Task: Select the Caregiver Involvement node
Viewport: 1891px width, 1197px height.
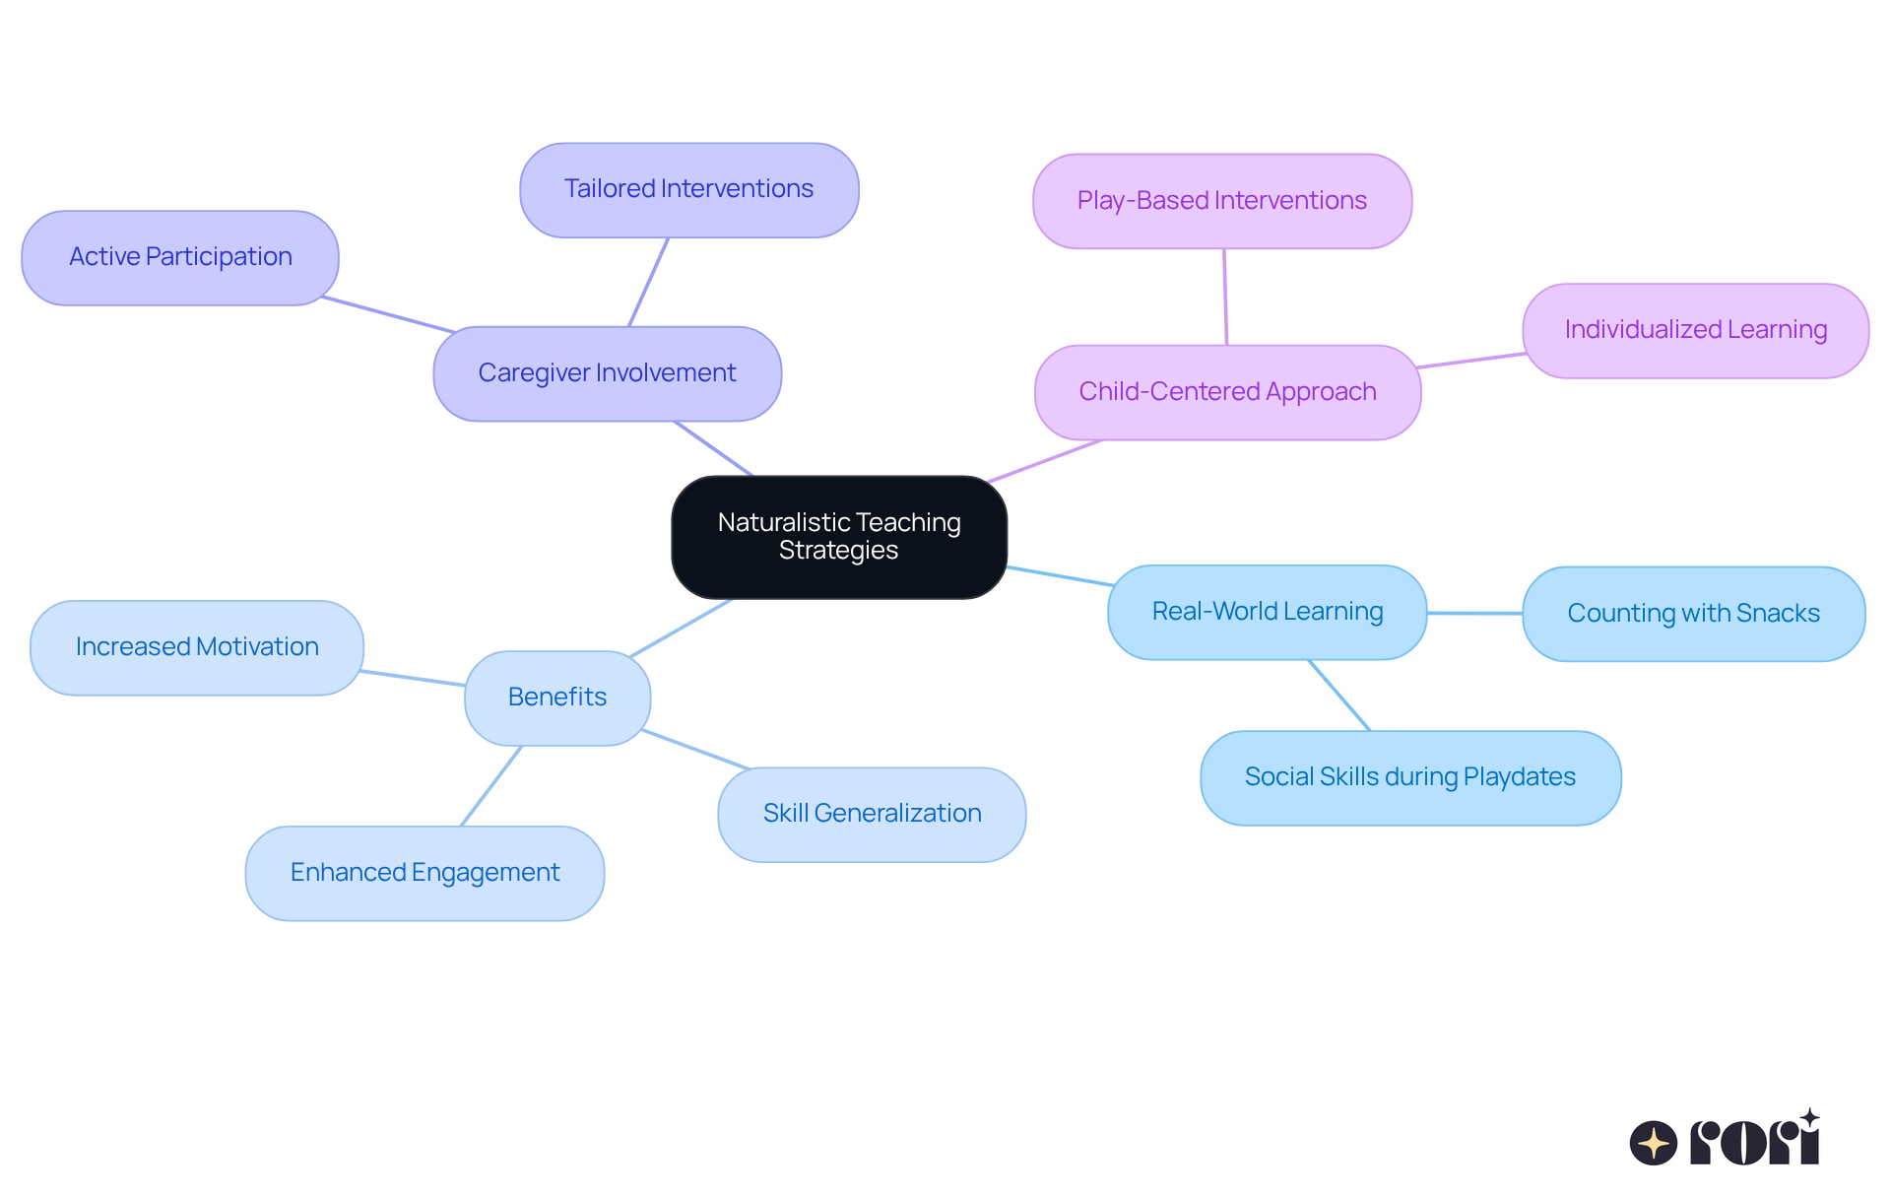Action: click(x=607, y=373)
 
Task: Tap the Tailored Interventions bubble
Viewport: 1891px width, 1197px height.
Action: click(x=688, y=189)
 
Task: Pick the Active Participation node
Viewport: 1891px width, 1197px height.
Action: click(x=180, y=257)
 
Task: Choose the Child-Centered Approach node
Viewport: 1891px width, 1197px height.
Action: click(x=1227, y=392)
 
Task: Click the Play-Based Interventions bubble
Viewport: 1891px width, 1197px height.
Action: click(x=1221, y=201)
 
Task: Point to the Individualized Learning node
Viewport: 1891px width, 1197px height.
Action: click(x=1695, y=330)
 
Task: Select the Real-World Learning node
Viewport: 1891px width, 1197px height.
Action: click(x=1267, y=612)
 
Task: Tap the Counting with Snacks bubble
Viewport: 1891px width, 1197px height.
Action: click(x=1693, y=614)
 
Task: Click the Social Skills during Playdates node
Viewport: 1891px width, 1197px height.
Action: click(x=1409, y=777)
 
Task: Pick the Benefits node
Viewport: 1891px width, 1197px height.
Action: click(x=557, y=698)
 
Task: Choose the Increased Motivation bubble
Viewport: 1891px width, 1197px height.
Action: click(x=197, y=647)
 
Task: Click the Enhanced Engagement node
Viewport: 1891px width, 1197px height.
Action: click(x=424, y=873)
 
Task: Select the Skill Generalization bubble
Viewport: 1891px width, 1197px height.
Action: click(x=872, y=814)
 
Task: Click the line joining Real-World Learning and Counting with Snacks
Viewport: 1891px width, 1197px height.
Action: click(x=1474, y=613)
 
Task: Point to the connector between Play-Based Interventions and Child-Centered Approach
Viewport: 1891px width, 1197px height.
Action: click(x=1225, y=297)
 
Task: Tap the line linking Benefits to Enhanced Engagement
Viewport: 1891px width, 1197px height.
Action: click(x=491, y=785)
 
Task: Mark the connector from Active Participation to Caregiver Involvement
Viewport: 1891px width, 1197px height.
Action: click(x=388, y=314)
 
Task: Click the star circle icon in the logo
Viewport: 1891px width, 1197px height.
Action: click(x=1653, y=1143)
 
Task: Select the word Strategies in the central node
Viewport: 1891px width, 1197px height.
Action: click(x=838, y=551)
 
